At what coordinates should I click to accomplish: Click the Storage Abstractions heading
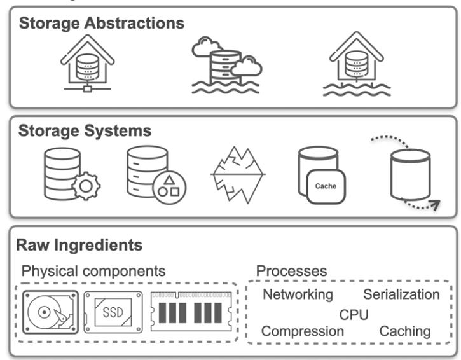(101, 24)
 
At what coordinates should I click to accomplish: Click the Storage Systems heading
(85, 132)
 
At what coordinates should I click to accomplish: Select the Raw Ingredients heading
(80, 245)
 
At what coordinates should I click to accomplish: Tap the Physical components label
(93, 271)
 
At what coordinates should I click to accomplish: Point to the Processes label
(291, 271)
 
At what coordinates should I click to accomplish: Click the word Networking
(298, 294)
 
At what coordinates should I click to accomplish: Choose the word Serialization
(401, 294)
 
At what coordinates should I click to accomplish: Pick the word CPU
(354, 314)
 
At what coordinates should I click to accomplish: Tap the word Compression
(303, 331)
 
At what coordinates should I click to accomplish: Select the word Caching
(405, 331)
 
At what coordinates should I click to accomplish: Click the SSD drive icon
(113, 312)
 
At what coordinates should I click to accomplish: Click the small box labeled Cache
(326, 186)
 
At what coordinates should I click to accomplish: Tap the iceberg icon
(237, 173)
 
